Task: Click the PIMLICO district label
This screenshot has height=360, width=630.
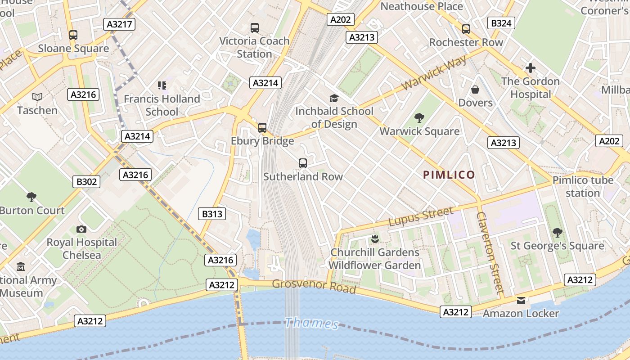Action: tap(449, 175)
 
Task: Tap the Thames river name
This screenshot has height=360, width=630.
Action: tap(312, 323)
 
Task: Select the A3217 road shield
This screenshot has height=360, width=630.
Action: tap(120, 24)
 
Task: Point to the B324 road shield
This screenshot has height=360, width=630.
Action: tap(501, 23)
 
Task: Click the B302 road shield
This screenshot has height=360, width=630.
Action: tap(86, 182)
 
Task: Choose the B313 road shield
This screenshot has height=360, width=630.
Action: tap(212, 214)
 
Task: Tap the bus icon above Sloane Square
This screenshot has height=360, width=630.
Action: tap(73, 35)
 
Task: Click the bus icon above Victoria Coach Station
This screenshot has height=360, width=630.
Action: tap(255, 28)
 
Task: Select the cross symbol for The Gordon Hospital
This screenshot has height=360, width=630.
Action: tap(530, 68)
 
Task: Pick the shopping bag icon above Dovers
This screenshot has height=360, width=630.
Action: tap(475, 90)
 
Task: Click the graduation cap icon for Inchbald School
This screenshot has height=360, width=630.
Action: tap(334, 98)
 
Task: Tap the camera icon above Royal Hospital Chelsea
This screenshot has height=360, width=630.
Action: tap(81, 229)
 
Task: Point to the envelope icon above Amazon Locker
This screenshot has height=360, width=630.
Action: tap(521, 301)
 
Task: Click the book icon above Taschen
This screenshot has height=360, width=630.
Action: tap(37, 97)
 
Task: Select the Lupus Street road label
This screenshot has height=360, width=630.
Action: tap(421, 217)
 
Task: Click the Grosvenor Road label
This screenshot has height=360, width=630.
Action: tap(314, 286)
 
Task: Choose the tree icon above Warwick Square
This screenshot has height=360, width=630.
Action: tap(419, 118)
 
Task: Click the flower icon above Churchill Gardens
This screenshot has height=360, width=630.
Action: tap(374, 238)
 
